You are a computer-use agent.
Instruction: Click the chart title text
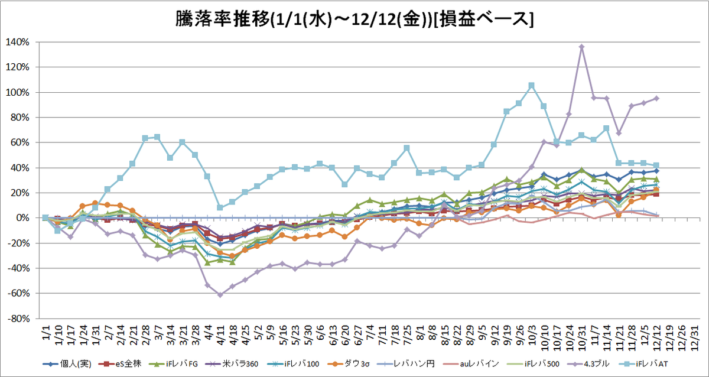354,19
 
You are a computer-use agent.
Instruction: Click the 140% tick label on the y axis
17,42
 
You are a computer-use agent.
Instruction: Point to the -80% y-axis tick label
19,318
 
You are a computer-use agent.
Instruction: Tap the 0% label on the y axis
23,218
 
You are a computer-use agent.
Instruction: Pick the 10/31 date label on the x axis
582,338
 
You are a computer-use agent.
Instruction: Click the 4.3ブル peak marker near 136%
582,47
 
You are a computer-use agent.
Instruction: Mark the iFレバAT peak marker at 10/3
532,86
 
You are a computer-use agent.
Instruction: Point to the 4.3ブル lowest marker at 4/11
220,295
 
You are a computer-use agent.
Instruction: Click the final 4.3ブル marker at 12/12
656,99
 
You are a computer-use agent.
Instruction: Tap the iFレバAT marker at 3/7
157,137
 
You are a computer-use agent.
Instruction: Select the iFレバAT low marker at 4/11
220,207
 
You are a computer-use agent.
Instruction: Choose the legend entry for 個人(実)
67,364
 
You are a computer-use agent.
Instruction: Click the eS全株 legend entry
120,364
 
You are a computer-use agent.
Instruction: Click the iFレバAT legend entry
643,364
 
